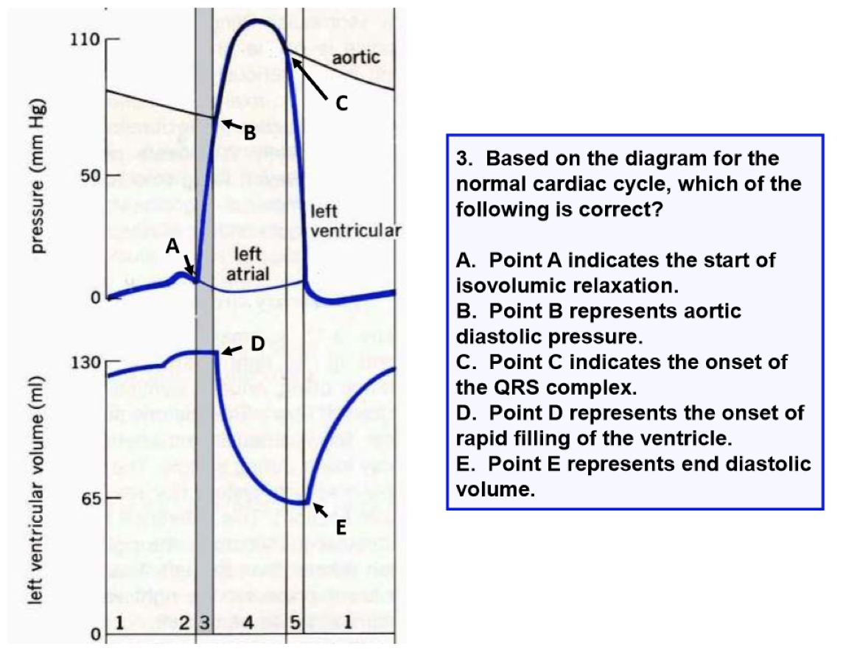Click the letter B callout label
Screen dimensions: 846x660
pos(250,133)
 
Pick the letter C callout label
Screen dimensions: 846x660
pos(341,104)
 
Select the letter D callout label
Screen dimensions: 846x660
pos(257,343)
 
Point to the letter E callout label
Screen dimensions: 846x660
pos(340,527)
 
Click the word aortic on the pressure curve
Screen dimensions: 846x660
pos(357,57)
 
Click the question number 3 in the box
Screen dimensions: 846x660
pos(462,159)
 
